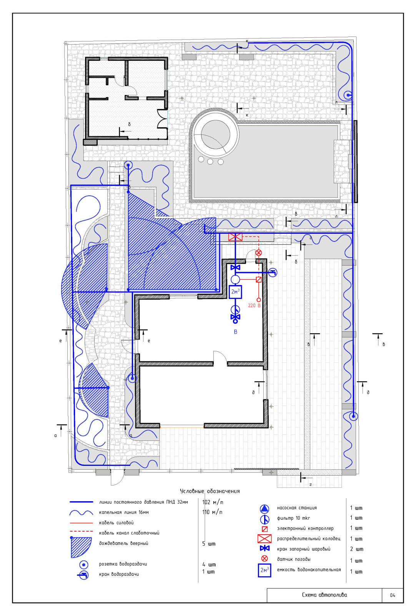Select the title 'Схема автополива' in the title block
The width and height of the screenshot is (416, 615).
(x=324, y=595)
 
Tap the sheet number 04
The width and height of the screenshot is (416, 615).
(x=393, y=595)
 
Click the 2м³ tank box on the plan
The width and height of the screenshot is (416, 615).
(x=235, y=292)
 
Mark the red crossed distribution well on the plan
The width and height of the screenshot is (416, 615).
(x=235, y=237)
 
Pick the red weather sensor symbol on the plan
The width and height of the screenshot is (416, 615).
(x=258, y=253)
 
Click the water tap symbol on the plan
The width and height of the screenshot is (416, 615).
(x=272, y=273)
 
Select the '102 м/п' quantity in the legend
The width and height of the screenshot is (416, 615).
(x=213, y=502)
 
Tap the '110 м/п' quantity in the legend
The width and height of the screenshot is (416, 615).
(x=212, y=512)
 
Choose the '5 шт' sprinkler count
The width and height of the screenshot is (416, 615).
(x=209, y=544)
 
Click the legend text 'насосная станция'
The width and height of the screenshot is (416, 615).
(x=296, y=508)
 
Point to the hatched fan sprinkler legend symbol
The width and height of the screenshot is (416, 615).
(x=81, y=547)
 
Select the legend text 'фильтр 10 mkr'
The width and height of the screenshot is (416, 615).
(x=293, y=518)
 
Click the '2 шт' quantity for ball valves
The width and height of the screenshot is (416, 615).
(x=356, y=549)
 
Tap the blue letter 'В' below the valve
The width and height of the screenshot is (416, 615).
(x=235, y=332)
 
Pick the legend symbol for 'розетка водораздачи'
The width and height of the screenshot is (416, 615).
(x=83, y=565)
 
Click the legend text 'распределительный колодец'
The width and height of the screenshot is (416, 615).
(x=308, y=539)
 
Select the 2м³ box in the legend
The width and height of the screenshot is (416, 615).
(x=264, y=570)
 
